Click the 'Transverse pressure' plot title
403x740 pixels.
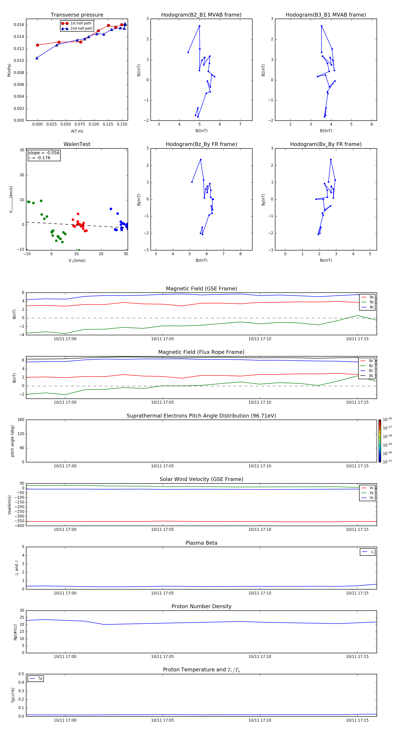[x=77, y=15]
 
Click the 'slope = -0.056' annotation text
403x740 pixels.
[x=44, y=153]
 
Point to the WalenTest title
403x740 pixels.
[x=77, y=144]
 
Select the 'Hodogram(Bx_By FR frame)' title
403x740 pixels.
[x=326, y=144]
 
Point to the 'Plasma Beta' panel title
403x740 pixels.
[x=201, y=543]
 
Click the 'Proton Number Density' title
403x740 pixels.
[x=201, y=606]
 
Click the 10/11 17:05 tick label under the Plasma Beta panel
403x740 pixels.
[x=162, y=593]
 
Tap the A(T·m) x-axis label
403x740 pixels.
[x=77, y=131]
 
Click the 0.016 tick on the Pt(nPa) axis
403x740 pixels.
[x=19, y=25]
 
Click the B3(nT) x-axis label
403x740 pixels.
[x=326, y=131]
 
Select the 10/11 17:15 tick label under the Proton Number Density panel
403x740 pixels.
[x=357, y=656]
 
